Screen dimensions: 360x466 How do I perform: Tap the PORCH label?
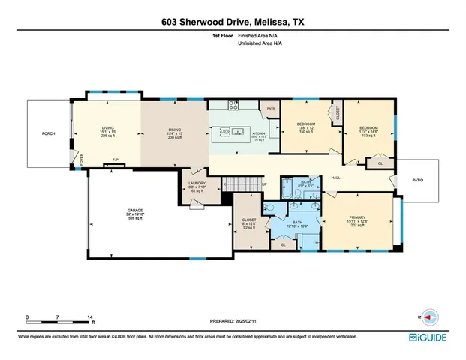click(49, 135)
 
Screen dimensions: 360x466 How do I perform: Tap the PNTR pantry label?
click(269, 109)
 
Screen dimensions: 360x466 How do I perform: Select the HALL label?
click(336, 178)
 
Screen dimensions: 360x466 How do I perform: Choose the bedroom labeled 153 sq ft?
click(368, 130)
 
